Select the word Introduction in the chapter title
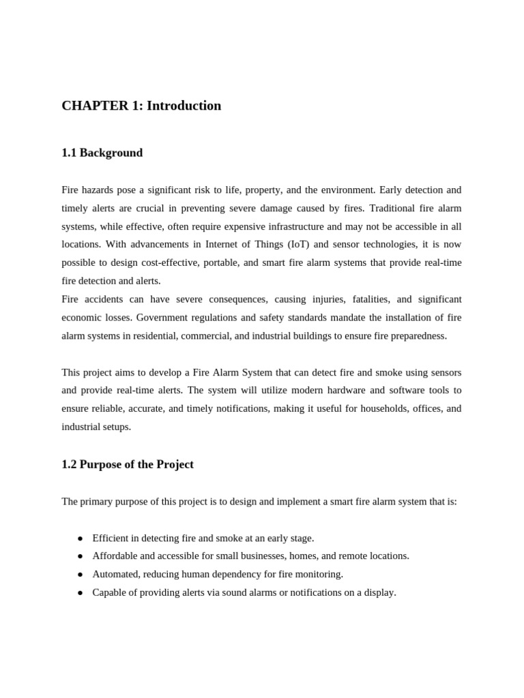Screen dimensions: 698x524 point(184,106)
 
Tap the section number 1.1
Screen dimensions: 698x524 point(69,153)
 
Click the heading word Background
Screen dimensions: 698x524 point(111,153)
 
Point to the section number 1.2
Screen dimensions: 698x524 point(69,464)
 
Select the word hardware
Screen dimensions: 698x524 point(332,390)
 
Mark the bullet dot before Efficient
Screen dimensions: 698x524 point(80,538)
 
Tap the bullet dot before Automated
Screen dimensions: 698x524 point(80,575)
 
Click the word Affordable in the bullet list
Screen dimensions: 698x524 point(116,556)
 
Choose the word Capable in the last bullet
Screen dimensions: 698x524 point(111,592)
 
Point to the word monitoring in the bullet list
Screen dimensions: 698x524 point(319,574)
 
